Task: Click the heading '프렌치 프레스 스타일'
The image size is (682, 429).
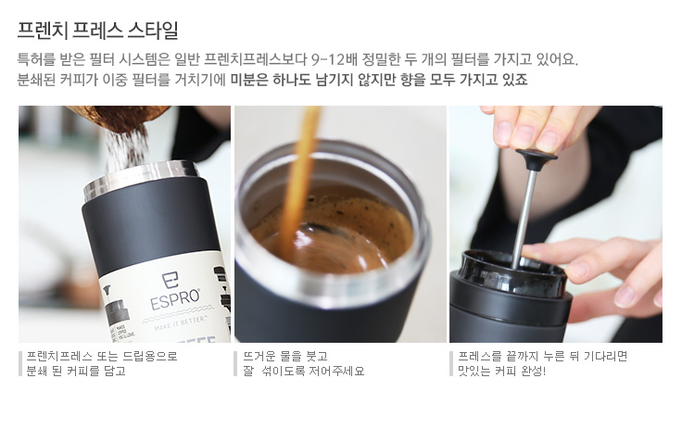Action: coord(98,30)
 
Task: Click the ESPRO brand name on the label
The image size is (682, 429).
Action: coord(175,299)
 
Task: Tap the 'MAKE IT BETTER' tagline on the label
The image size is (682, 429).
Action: coord(180,322)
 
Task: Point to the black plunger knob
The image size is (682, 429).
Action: coord(536,158)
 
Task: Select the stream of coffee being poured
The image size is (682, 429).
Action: coord(298,183)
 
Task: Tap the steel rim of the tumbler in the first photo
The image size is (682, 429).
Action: coord(140,179)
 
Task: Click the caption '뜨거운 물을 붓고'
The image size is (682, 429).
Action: coord(285,357)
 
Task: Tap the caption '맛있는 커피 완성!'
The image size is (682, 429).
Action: coord(501,372)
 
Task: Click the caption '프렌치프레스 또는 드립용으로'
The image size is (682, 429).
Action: coord(102,357)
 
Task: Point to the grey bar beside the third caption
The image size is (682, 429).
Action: coord(451,364)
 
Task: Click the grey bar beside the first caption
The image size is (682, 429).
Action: coord(20,364)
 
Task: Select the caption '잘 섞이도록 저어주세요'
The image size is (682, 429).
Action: coord(304,372)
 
